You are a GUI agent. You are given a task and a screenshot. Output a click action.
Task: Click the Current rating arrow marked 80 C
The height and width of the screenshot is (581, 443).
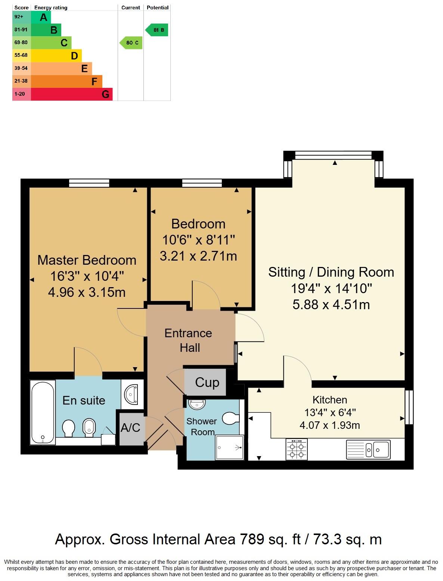coord(131,43)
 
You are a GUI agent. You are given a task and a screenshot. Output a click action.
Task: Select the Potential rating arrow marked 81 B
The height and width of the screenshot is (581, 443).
coord(157,30)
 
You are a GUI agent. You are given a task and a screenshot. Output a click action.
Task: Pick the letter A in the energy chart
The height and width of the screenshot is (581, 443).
coord(44,17)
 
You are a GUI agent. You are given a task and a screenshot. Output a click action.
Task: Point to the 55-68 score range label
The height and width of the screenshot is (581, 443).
coord(21,55)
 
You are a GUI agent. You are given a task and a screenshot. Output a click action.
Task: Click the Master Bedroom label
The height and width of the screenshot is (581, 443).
coord(87,260)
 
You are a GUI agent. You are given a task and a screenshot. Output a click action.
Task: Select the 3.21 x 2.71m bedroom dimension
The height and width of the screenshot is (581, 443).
coord(198,256)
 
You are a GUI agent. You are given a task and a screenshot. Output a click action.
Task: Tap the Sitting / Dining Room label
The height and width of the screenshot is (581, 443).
coord(331,272)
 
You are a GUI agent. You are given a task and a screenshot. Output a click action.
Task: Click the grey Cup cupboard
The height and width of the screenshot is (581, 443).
coord(206,382)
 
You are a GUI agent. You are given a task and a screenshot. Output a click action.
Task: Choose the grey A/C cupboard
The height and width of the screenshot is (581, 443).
coord(131,427)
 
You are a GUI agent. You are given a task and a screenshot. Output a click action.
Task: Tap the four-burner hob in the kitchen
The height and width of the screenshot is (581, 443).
coord(297,449)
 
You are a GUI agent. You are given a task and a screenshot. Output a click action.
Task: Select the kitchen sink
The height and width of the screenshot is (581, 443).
coord(377,449)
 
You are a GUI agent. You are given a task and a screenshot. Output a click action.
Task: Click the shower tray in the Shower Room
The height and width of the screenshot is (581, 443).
coord(229,447)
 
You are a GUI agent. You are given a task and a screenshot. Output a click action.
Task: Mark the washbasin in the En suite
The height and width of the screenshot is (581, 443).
coord(131,394)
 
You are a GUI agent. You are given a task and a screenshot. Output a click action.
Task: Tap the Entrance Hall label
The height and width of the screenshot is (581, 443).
coord(189,340)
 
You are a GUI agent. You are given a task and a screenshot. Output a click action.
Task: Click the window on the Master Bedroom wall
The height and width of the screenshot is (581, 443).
coord(89,183)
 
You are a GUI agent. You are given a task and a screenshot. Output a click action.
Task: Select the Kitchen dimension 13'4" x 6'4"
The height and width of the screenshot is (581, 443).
coord(330,412)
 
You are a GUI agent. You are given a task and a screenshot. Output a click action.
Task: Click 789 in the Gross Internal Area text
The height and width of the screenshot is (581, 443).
coord(252,539)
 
